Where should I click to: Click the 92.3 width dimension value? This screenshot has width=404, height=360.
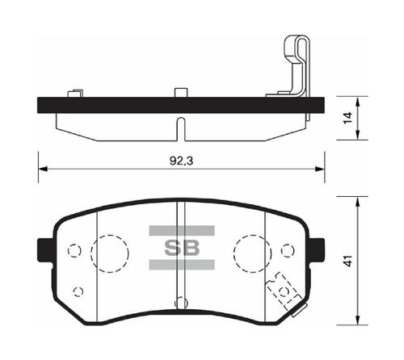click(x=181, y=161)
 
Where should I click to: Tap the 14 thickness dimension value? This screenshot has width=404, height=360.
click(x=348, y=118)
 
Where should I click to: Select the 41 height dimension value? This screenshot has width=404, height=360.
click(x=348, y=261)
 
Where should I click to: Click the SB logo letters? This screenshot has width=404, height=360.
click(x=182, y=247)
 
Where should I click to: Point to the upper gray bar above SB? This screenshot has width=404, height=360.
click(x=182, y=231)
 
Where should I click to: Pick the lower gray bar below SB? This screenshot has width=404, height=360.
click(x=182, y=265)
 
